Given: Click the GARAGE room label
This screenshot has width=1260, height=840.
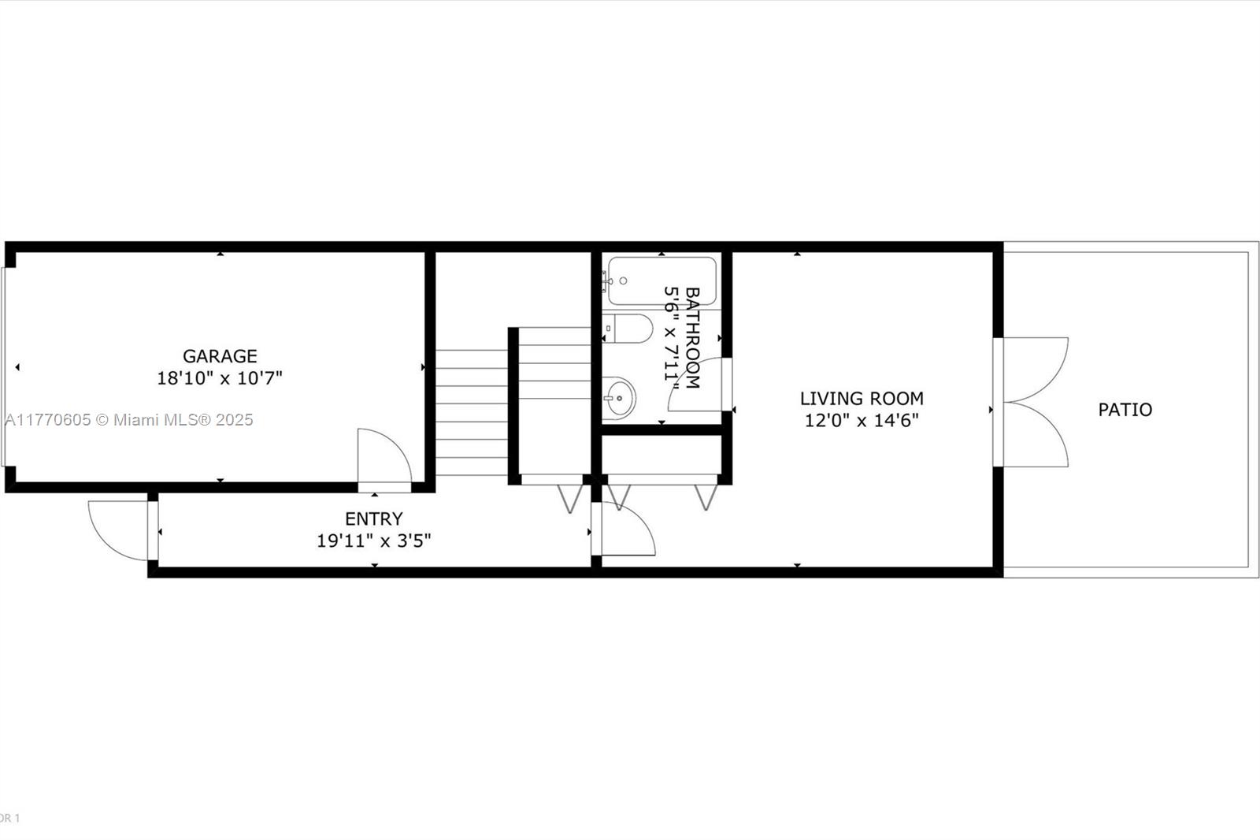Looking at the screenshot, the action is point(220,356).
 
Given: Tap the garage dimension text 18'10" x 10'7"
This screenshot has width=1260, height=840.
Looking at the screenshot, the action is point(220,377).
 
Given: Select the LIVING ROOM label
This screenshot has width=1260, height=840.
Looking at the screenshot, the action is point(862,399).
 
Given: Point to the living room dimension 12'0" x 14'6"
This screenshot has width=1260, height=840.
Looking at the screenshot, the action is point(862,421).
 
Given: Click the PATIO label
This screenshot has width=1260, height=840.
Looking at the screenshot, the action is point(1125,409).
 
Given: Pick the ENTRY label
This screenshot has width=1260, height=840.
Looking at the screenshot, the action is point(373,518).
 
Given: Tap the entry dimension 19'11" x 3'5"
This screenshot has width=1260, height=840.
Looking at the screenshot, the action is point(373,541).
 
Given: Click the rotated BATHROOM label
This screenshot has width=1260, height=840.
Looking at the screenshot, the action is point(692,338).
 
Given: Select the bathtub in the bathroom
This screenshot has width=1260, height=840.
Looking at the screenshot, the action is point(662,281).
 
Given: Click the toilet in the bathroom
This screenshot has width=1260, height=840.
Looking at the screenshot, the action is point(628,329).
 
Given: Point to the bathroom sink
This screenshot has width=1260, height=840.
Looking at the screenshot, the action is point(619,398).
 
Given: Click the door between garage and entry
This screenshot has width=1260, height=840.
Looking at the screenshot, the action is point(385,456).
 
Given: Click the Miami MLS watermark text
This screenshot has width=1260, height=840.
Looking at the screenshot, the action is point(129,420).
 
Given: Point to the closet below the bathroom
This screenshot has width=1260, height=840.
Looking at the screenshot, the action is point(662,455).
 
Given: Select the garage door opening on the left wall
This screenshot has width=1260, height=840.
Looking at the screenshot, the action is point(3,367).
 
